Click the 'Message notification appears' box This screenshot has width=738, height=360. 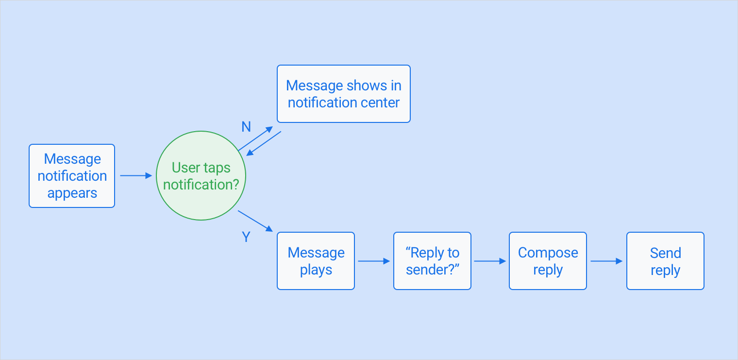tap(72, 176)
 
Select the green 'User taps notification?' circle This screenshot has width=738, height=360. tap(201, 175)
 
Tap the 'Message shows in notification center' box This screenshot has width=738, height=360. tap(343, 94)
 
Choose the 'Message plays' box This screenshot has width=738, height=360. tap(316, 261)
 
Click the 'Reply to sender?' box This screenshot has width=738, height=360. tap(432, 261)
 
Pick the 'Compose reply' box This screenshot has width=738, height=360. tap(548, 261)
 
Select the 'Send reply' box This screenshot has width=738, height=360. tap(665, 261)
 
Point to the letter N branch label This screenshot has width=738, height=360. tap(246, 127)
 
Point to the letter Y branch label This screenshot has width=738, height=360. tap(246, 237)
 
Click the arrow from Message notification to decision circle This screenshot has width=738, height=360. tap(136, 175)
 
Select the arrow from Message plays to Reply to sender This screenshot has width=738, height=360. tap(374, 261)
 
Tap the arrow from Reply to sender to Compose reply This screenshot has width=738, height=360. tap(490, 261)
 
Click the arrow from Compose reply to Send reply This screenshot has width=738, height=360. tap(606, 261)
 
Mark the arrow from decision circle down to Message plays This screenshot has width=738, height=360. tap(255, 221)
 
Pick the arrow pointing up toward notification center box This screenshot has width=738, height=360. tap(255, 138)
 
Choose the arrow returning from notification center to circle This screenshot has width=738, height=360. tap(264, 144)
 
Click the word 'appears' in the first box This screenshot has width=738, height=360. tap(72, 193)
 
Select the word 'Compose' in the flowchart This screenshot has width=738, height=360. tap(548, 253)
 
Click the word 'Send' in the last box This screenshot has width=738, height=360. tap(665, 253)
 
